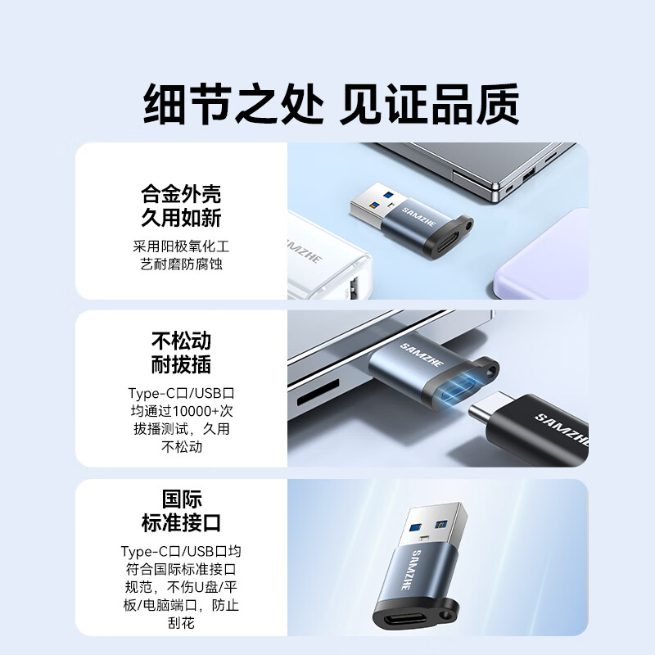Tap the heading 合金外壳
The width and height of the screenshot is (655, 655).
click(181, 195)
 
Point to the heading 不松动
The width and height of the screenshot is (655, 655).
click(181, 341)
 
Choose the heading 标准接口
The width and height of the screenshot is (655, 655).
click(181, 523)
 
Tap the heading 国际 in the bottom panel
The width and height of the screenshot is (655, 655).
click(181, 499)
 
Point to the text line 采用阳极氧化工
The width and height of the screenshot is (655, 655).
click(181, 246)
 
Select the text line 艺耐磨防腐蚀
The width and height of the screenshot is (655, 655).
click(181, 264)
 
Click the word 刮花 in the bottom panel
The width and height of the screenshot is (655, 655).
click(181, 624)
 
